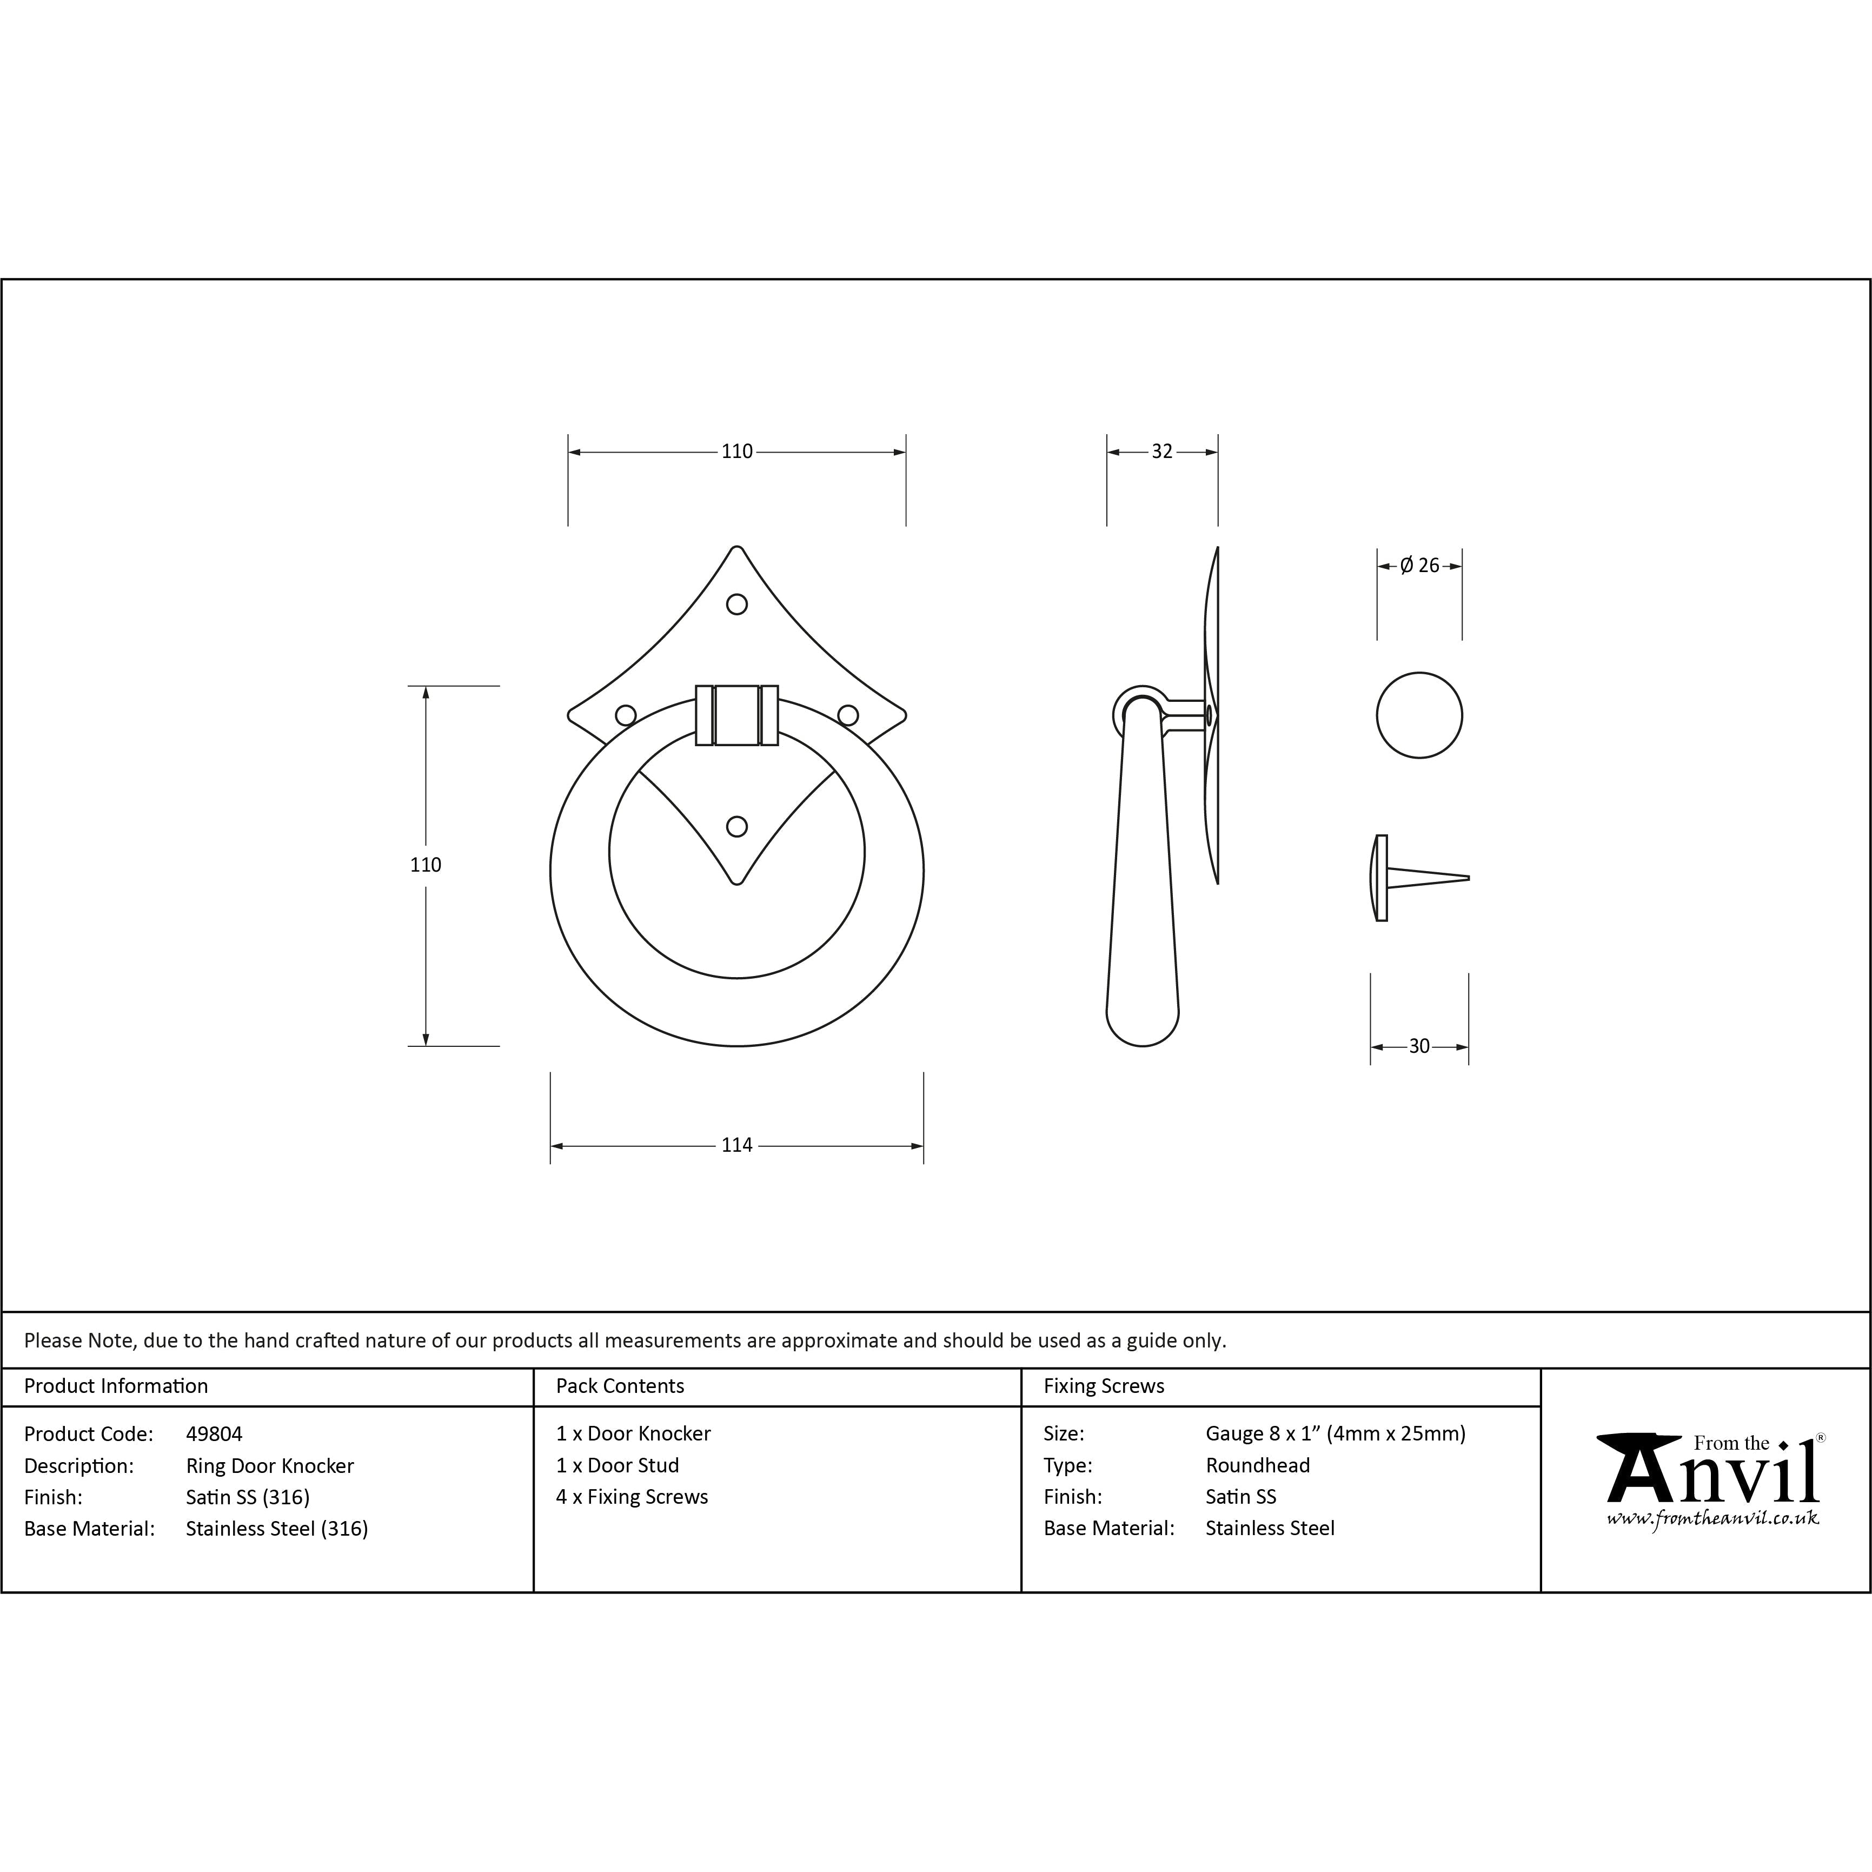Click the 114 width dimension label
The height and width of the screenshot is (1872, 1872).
click(x=736, y=1145)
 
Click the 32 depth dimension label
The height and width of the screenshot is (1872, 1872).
click(x=1162, y=452)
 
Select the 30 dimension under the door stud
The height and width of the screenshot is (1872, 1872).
click(x=1418, y=1046)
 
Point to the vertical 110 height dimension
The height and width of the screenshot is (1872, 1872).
click(x=426, y=864)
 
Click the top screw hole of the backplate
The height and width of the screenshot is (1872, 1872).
click(x=736, y=605)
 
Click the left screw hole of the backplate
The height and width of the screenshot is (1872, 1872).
click(x=626, y=715)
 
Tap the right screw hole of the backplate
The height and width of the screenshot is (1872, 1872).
click(x=848, y=715)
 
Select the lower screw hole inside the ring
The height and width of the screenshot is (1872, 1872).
click(x=736, y=827)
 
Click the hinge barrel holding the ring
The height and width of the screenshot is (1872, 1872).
click(x=736, y=715)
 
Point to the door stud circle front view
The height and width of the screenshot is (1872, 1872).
click(x=1418, y=715)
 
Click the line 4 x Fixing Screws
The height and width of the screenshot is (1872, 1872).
click(x=632, y=1497)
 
